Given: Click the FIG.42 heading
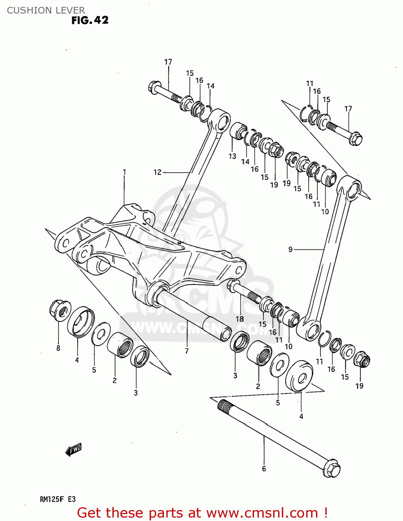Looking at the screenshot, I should (90, 20).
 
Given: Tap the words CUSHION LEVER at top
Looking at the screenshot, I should (46, 10).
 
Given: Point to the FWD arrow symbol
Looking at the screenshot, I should (73, 450).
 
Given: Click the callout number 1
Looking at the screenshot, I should (124, 172).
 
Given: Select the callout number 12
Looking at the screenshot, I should (157, 172).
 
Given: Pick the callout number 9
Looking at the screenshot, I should (290, 249).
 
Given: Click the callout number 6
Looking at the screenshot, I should (264, 469).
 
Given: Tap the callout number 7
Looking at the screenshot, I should (187, 351).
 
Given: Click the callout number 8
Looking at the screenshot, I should (58, 348).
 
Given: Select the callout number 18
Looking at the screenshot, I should (240, 319).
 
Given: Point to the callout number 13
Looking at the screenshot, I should (232, 156).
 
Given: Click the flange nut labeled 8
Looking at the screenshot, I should (60, 310).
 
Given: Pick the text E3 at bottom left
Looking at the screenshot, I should (71, 499).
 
